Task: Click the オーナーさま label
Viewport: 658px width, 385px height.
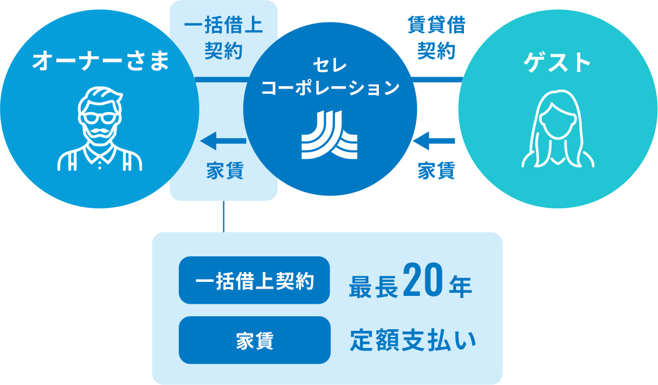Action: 100,62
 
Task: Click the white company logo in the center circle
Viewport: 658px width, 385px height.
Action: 330,135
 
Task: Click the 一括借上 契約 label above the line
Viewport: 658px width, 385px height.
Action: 223,39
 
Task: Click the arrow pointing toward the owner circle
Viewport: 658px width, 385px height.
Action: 223,140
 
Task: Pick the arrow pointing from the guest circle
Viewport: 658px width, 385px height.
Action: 434,140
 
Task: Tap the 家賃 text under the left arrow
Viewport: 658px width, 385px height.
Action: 224,171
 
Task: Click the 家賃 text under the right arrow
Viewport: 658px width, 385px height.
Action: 436,171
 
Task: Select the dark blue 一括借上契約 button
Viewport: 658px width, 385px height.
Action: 254,280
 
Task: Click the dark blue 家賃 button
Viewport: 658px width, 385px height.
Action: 254,340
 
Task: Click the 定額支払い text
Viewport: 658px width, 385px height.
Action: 412,341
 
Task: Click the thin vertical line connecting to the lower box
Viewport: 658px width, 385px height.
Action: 223,216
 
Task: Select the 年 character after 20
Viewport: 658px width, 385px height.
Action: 459,286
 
